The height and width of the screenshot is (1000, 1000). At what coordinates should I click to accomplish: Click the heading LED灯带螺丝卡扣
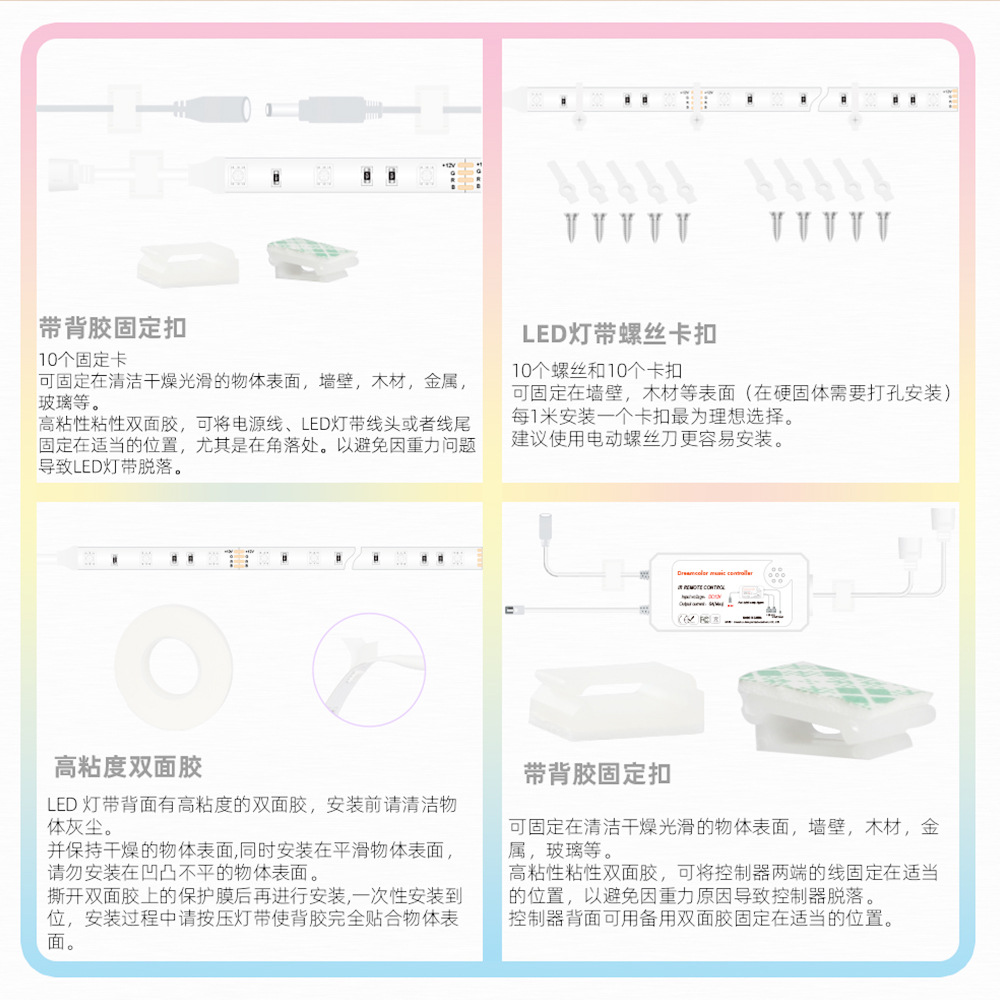pos(619,334)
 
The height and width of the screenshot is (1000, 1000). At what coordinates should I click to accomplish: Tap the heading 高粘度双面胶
pos(128,768)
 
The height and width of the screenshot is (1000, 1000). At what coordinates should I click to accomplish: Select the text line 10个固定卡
pos(82,359)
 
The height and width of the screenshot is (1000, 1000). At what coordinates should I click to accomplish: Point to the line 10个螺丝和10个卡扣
pos(597,369)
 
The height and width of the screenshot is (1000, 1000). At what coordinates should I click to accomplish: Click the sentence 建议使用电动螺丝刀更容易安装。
pos(648,438)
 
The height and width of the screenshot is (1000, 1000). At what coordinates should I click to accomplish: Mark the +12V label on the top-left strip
pos(449,163)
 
